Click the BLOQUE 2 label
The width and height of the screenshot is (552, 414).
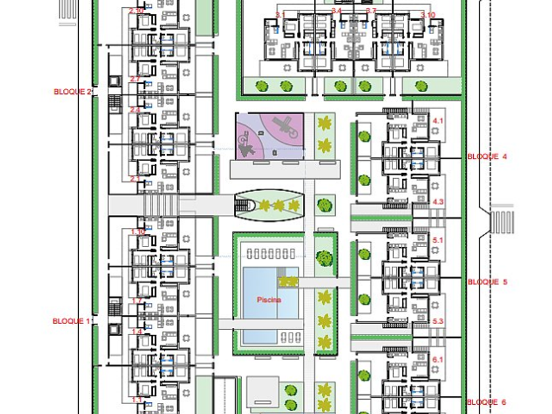[72, 91]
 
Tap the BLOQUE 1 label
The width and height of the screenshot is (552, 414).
[71, 321]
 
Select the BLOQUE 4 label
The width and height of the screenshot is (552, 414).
[487, 156]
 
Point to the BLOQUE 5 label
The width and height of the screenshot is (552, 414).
[487, 282]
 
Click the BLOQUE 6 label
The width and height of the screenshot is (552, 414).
[487, 402]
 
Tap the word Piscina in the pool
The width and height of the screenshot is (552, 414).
[269, 300]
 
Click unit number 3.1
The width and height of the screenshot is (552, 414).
[281, 14]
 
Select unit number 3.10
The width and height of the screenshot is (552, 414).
[428, 14]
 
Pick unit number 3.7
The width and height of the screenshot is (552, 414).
[371, 11]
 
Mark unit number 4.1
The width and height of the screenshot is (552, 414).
[438, 121]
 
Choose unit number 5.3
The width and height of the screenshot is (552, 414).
[438, 321]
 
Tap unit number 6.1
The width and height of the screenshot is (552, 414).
[438, 359]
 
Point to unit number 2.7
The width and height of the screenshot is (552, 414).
[136, 79]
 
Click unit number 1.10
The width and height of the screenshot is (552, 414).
[138, 232]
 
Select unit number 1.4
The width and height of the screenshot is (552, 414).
[137, 332]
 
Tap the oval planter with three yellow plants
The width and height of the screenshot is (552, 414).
[270, 206]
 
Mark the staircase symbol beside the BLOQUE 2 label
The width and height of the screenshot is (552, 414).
[116, 103]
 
